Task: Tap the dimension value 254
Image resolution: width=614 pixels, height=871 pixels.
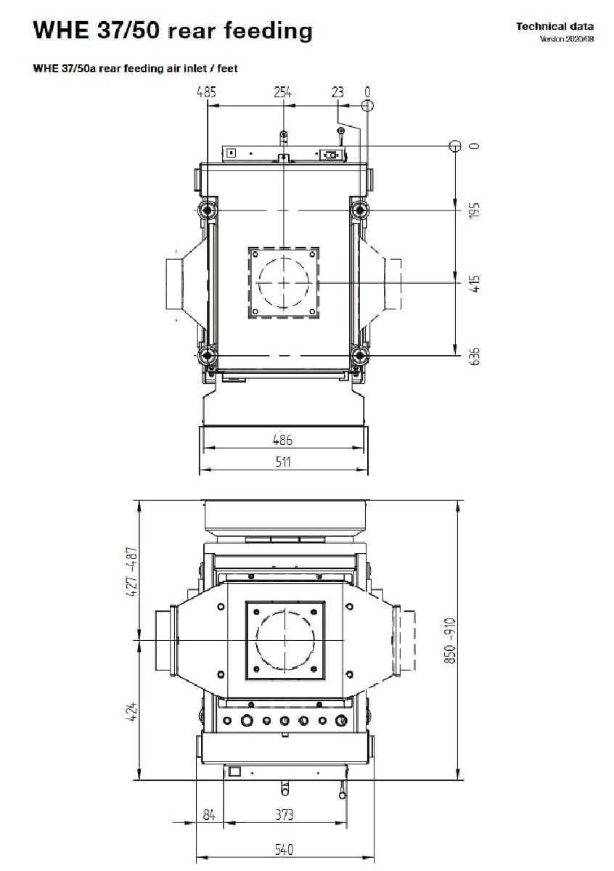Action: tap(283, 93)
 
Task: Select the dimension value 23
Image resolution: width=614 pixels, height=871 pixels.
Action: tap(337, 92)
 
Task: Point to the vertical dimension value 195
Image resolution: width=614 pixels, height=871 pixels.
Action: tap(475, 210)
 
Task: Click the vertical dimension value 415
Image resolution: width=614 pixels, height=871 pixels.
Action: tap(475, 283)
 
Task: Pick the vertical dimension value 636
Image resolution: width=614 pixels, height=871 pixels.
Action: tap(475, 356)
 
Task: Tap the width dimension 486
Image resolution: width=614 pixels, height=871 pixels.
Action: tap(282, 440)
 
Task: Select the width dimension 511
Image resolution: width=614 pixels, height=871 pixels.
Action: tap(283, 462)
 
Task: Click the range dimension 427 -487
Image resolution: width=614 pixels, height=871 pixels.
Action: tap(133, 572)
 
